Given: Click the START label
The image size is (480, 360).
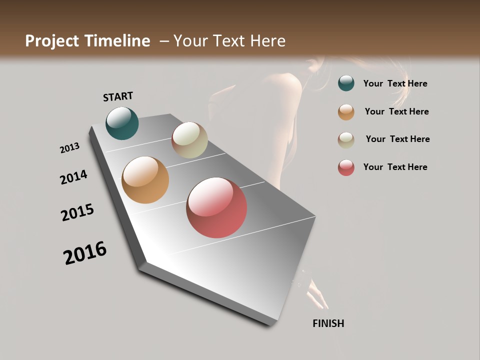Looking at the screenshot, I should pyautogui.click(x=118, y=96).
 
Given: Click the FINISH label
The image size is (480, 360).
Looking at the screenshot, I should pyautogui.click(x=328, y=323).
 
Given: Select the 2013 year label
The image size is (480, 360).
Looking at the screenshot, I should pyautogui.click(x=69, y=148).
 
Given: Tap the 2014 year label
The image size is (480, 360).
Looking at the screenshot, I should pyautogui.click(x=73, y=177).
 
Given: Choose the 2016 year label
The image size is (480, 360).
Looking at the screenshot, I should pyautogui.click(x=85, y=253).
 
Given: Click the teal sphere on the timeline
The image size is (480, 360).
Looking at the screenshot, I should pyautogui.click(x=122, y=123).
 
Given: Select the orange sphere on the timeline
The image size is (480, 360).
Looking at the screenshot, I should pyautogui.click(x=145, y=180).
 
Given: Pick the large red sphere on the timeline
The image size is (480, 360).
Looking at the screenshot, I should pyautogui.click(x=216, y=207).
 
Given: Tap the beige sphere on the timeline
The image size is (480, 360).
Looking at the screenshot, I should pyautogui.click(x=189, y=140).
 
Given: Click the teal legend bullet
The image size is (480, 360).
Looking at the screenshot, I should pyautogui.click(x=346, y=83).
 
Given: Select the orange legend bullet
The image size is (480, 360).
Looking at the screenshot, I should pyautogui.click(x=346, y=112).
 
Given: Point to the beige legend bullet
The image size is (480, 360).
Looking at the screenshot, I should pyautogui.click(x=346, y=140).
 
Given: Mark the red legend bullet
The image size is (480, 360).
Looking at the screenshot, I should pyautogui.click(x=346, y=167).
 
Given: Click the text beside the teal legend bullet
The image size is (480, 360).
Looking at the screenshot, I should pyautogui.click(x=395, y=84).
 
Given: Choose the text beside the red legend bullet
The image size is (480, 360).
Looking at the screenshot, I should pyautogui.click(x=395, y=167).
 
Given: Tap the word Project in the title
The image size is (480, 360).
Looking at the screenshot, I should pyautogui.click(x=51, y=41).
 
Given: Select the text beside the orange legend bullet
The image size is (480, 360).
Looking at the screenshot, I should pyautogui.click(x=396, y=111).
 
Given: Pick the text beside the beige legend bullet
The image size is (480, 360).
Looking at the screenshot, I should pyautogui.click(x=397, y=139).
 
